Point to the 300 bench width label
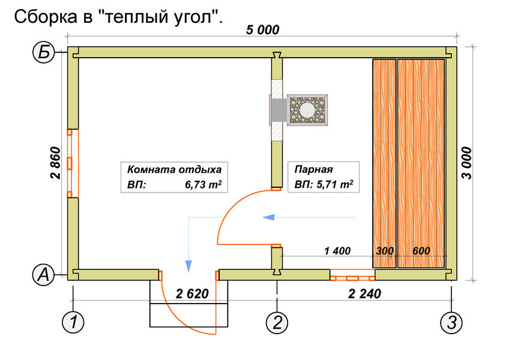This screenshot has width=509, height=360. [x=384, y=251]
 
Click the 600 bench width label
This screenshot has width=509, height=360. [x=421, y=251]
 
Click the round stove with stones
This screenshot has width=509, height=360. [x=307, y=110]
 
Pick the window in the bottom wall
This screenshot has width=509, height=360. [x=352, y=278]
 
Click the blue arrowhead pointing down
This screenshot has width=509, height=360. [x=189, y=265]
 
